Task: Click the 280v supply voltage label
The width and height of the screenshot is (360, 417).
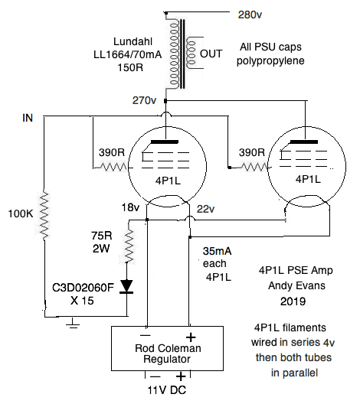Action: click(x=250, y=15)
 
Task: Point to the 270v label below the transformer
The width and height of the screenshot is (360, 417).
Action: click(x=144, y=100)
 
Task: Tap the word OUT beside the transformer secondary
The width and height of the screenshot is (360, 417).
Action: click(x=211, y=54)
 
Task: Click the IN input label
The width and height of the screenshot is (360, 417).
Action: click(x=28, y=118)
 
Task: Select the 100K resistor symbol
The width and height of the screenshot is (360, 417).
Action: click(x=44, y=215)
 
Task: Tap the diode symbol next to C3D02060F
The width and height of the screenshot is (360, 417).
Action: click(x=126, y=286)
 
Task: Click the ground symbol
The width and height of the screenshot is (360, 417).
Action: click(x=73, y=323)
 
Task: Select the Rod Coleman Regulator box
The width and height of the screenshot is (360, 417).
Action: click(x=167, y=348)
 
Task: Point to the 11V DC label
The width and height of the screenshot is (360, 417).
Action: click(x=167, y=390)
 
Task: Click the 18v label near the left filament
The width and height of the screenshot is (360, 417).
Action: click(x=130, y=207)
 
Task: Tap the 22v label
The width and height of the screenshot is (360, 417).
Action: click(x=205, y=210)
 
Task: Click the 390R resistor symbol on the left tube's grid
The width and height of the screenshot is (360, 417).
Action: click(x=112, y=167)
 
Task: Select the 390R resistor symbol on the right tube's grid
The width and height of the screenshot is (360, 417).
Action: click(x=252, y=167)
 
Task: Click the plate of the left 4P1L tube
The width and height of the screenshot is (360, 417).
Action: click(x=164, y=142)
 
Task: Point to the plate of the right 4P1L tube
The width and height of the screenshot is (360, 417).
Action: click(x=304, y=142)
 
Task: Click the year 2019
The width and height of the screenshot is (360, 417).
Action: click(x=293, y=301)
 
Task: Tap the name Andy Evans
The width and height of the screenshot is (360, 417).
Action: click(x=296, y=285)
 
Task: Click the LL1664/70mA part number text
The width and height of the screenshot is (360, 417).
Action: click(x=128, y=54)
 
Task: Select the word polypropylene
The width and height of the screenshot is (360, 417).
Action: click(x=270, y=61)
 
